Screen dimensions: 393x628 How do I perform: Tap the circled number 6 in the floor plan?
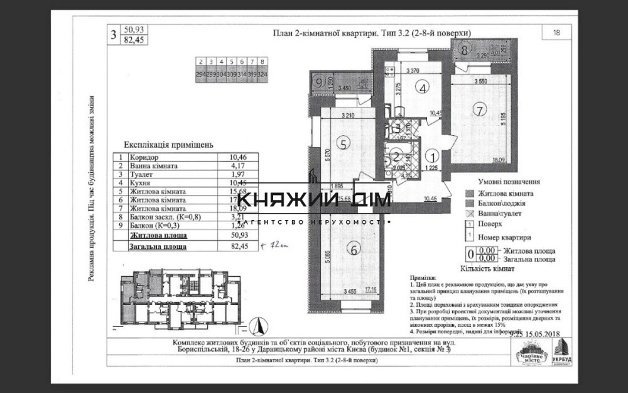[355, 250]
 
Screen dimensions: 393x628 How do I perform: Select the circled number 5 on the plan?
[342, 143]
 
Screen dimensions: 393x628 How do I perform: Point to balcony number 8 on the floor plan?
[463, 48]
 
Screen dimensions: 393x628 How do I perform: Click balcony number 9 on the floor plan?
[319, 81]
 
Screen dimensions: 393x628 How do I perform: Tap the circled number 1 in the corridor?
[431, 153]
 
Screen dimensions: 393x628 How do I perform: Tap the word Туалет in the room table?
[141, 175]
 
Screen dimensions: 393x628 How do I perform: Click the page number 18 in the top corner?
[556, 33]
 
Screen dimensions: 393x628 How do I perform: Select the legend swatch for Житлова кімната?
[468, 194]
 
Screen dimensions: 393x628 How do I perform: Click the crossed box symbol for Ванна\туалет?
[468, 214]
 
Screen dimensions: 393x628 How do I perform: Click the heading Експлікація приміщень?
[168, 144]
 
